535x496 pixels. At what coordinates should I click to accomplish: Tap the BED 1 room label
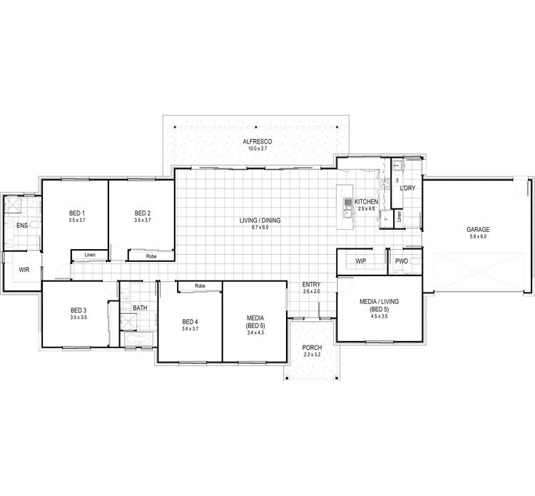coord(77,213)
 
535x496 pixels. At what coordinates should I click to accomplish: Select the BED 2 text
coord(143,213)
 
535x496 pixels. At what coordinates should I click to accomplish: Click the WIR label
coord(23,270)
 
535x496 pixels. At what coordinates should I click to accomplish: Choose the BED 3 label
coord(78,310)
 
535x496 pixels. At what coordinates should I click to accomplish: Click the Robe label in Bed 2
coord(151,255)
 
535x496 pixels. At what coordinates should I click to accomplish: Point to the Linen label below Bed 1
coord(90,255)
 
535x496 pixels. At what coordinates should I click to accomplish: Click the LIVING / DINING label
coord(260,221)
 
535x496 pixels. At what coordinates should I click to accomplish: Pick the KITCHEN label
coord(367,202)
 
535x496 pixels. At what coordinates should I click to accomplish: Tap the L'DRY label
coord(408,188)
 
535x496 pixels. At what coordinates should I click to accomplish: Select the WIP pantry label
coord(360,261)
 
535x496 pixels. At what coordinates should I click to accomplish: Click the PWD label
coord(402,261)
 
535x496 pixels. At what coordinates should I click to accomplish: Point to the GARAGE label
coord(478,229)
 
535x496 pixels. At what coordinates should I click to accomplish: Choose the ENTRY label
coord(312,284)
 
